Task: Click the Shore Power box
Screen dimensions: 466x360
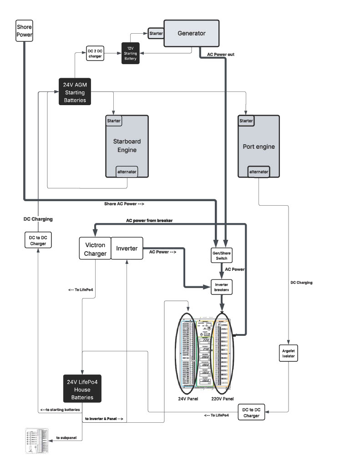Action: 25,30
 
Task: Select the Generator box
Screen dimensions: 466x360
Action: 192,33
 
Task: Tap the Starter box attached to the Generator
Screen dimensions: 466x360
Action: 156,34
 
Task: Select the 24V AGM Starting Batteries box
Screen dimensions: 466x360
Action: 75,91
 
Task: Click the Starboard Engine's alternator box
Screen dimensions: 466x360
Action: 127,172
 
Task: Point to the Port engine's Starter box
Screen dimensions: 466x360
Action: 246,121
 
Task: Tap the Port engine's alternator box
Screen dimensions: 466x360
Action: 259,172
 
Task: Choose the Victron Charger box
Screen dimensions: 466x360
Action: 95,248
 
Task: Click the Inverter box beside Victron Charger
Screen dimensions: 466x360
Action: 127,248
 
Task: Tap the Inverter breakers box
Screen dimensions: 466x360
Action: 222,287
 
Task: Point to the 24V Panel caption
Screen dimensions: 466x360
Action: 188,399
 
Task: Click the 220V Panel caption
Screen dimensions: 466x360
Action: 223,399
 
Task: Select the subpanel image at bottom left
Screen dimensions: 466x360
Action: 38,440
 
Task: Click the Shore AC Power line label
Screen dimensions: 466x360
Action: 124,203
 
